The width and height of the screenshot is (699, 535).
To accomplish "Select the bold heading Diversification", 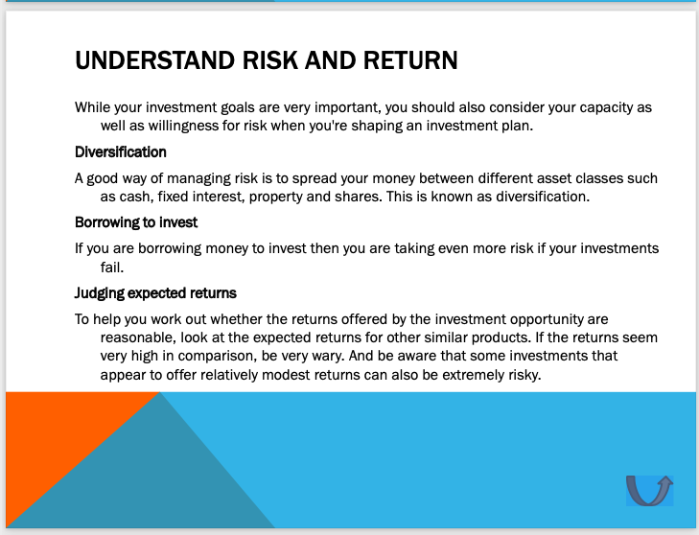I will [x=121, y=151].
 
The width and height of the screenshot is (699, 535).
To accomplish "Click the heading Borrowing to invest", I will [x=136, y=222].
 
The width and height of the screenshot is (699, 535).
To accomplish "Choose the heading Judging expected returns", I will [x=155, y=292].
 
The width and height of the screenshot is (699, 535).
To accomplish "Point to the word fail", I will [x=112, y=267].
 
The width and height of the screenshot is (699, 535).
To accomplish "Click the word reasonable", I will [x=139, y=337].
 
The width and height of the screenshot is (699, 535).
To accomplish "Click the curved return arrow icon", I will [x=649, y=490].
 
